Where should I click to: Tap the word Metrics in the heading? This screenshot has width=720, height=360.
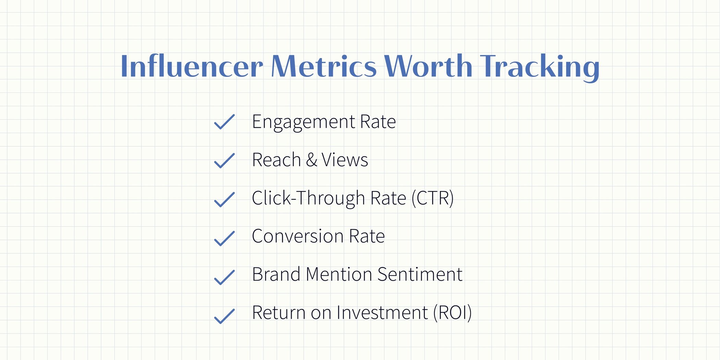pos(324,66)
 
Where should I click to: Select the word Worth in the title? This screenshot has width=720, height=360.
pos(428,66)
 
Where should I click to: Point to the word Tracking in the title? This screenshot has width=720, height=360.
pos(539,67)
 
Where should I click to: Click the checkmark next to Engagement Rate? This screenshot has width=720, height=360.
pos(224,122)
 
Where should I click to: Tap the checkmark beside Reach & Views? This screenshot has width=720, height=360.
pos(224,160)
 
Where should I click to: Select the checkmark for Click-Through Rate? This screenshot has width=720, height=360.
pos(224,199)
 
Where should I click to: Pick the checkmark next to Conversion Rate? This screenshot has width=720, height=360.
pos(224,238)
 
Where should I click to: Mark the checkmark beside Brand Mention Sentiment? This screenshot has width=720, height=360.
pos(224,277)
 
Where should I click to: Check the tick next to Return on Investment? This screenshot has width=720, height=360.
pos(224,316)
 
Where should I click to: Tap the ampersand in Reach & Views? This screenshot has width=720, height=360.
pos(311,160)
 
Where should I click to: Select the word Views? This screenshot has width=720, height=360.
pos(345,160)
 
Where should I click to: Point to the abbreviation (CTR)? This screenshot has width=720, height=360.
pos(432,198)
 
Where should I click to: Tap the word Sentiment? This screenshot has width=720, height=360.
pos(420,274)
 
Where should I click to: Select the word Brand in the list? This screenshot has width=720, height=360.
pos(276,274)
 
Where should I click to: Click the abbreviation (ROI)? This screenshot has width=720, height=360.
pos(452,313)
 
